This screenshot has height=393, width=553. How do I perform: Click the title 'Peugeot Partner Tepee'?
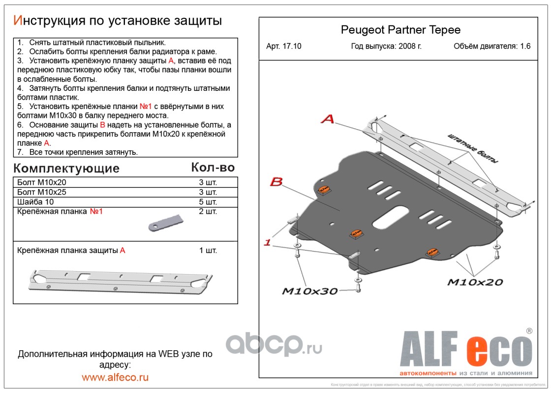tap(400, 30)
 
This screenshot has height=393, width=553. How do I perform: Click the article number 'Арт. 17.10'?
tap(284, 47)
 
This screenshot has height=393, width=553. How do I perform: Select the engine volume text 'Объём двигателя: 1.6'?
tap(492, 47)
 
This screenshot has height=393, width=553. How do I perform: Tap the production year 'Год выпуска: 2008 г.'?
tap(386, 47)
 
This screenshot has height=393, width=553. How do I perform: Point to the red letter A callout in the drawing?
tap(328, 118)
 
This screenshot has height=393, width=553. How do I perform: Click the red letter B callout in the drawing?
tap(276, 182)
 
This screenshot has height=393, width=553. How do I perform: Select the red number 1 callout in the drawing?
tap(267, 242)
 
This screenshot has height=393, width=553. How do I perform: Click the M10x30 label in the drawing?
tap(309, 291)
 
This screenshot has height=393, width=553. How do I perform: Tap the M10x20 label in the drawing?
tap(475, 282)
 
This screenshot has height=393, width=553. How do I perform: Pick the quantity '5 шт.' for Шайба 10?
tap(208, 202)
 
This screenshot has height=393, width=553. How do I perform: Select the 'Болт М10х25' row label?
tap(41, 192)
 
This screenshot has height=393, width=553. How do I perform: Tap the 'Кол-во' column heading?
tap(213, 168)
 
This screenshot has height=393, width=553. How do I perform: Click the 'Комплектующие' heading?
tap(66, 168)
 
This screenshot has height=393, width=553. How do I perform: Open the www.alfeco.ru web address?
tap(115, 377)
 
